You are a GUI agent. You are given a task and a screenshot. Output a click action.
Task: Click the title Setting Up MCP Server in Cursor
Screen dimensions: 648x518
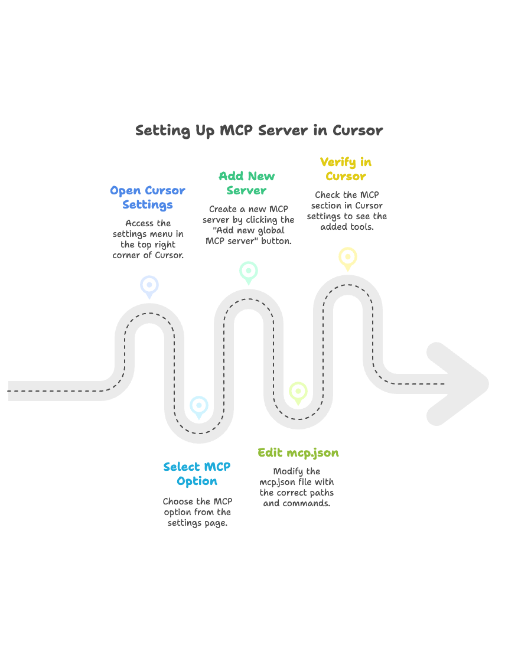[259, 131]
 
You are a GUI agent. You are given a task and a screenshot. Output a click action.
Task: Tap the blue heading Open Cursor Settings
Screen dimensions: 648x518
[148, 198]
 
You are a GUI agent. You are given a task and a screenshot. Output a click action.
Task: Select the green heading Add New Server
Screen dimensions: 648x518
[247, 183]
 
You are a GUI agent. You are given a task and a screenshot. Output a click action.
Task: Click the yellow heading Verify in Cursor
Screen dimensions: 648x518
[346, 169]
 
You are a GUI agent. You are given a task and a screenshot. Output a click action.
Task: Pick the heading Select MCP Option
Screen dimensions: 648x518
[197, 474]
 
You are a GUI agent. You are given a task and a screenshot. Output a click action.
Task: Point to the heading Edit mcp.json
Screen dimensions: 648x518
[298, 453]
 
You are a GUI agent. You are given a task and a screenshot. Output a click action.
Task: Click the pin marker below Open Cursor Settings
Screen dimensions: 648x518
[149, 285]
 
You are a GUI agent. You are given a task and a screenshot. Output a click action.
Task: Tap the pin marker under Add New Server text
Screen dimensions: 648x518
[249, 271]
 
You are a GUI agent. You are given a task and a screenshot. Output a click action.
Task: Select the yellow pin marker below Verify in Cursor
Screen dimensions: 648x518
[348, 258]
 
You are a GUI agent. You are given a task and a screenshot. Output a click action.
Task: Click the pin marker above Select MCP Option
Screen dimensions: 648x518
[199, 406]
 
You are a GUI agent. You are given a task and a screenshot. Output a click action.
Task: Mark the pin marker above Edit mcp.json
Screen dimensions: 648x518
[298, 392]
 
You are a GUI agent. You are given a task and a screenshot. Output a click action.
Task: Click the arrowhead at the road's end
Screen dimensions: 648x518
[458, 383]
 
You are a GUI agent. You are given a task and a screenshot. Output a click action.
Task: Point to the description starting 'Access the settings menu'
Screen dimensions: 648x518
[148, 239]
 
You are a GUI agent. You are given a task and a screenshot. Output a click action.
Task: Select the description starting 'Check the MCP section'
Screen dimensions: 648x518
[347, 211]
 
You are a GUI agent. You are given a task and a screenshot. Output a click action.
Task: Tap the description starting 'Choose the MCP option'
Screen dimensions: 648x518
[197, 512]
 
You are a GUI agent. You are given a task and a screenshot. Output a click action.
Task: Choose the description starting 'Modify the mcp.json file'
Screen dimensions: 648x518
[297, 487]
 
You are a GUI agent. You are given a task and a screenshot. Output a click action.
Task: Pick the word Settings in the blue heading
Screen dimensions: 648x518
[148, 205]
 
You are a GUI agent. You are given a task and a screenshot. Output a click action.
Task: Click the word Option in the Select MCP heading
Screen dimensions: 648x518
[197, 481]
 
